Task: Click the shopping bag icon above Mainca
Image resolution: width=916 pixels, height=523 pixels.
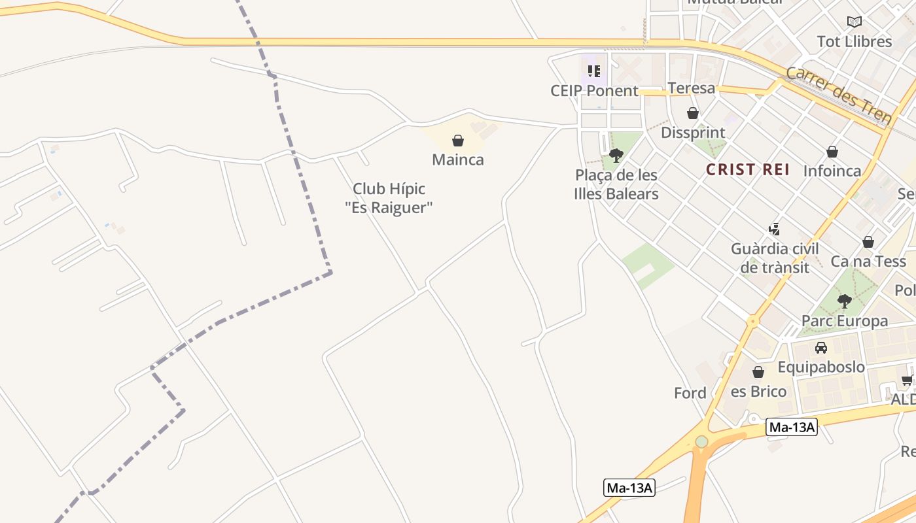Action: point(458,141)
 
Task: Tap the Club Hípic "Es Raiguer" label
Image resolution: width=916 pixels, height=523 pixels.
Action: point(389,198)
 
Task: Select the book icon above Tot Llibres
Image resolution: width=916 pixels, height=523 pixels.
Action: point(854,22)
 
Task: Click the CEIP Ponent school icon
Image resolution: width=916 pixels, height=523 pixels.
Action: point(593,71)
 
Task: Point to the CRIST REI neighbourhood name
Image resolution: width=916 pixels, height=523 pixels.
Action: point(748,170)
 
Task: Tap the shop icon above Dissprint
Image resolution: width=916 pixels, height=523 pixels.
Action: point(693,113)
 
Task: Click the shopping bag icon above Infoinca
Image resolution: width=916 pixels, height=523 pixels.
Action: point(832,152)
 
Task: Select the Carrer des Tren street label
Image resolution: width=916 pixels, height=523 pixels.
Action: point(839,95)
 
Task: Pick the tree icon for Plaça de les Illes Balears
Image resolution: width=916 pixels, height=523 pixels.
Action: point(616,156)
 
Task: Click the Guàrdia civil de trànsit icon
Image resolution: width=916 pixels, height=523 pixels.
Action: point(775,229)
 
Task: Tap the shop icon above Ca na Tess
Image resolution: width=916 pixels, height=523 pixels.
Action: point(868,242)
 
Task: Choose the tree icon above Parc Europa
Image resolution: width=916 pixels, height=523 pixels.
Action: point(845,301)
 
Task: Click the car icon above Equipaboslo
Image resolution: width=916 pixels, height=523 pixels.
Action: point(821,348)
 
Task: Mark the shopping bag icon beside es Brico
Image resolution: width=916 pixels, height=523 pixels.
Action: point(758,372)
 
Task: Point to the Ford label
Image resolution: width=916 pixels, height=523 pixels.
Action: point(690,393)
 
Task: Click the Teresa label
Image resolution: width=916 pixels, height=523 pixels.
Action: point(691,88)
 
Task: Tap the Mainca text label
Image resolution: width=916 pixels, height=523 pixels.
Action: point(458,160)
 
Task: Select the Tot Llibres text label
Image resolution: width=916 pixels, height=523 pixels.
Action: point(854,42)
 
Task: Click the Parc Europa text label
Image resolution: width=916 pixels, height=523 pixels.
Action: point(845,321)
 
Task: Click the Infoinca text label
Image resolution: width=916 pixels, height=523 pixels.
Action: point(832,171)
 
